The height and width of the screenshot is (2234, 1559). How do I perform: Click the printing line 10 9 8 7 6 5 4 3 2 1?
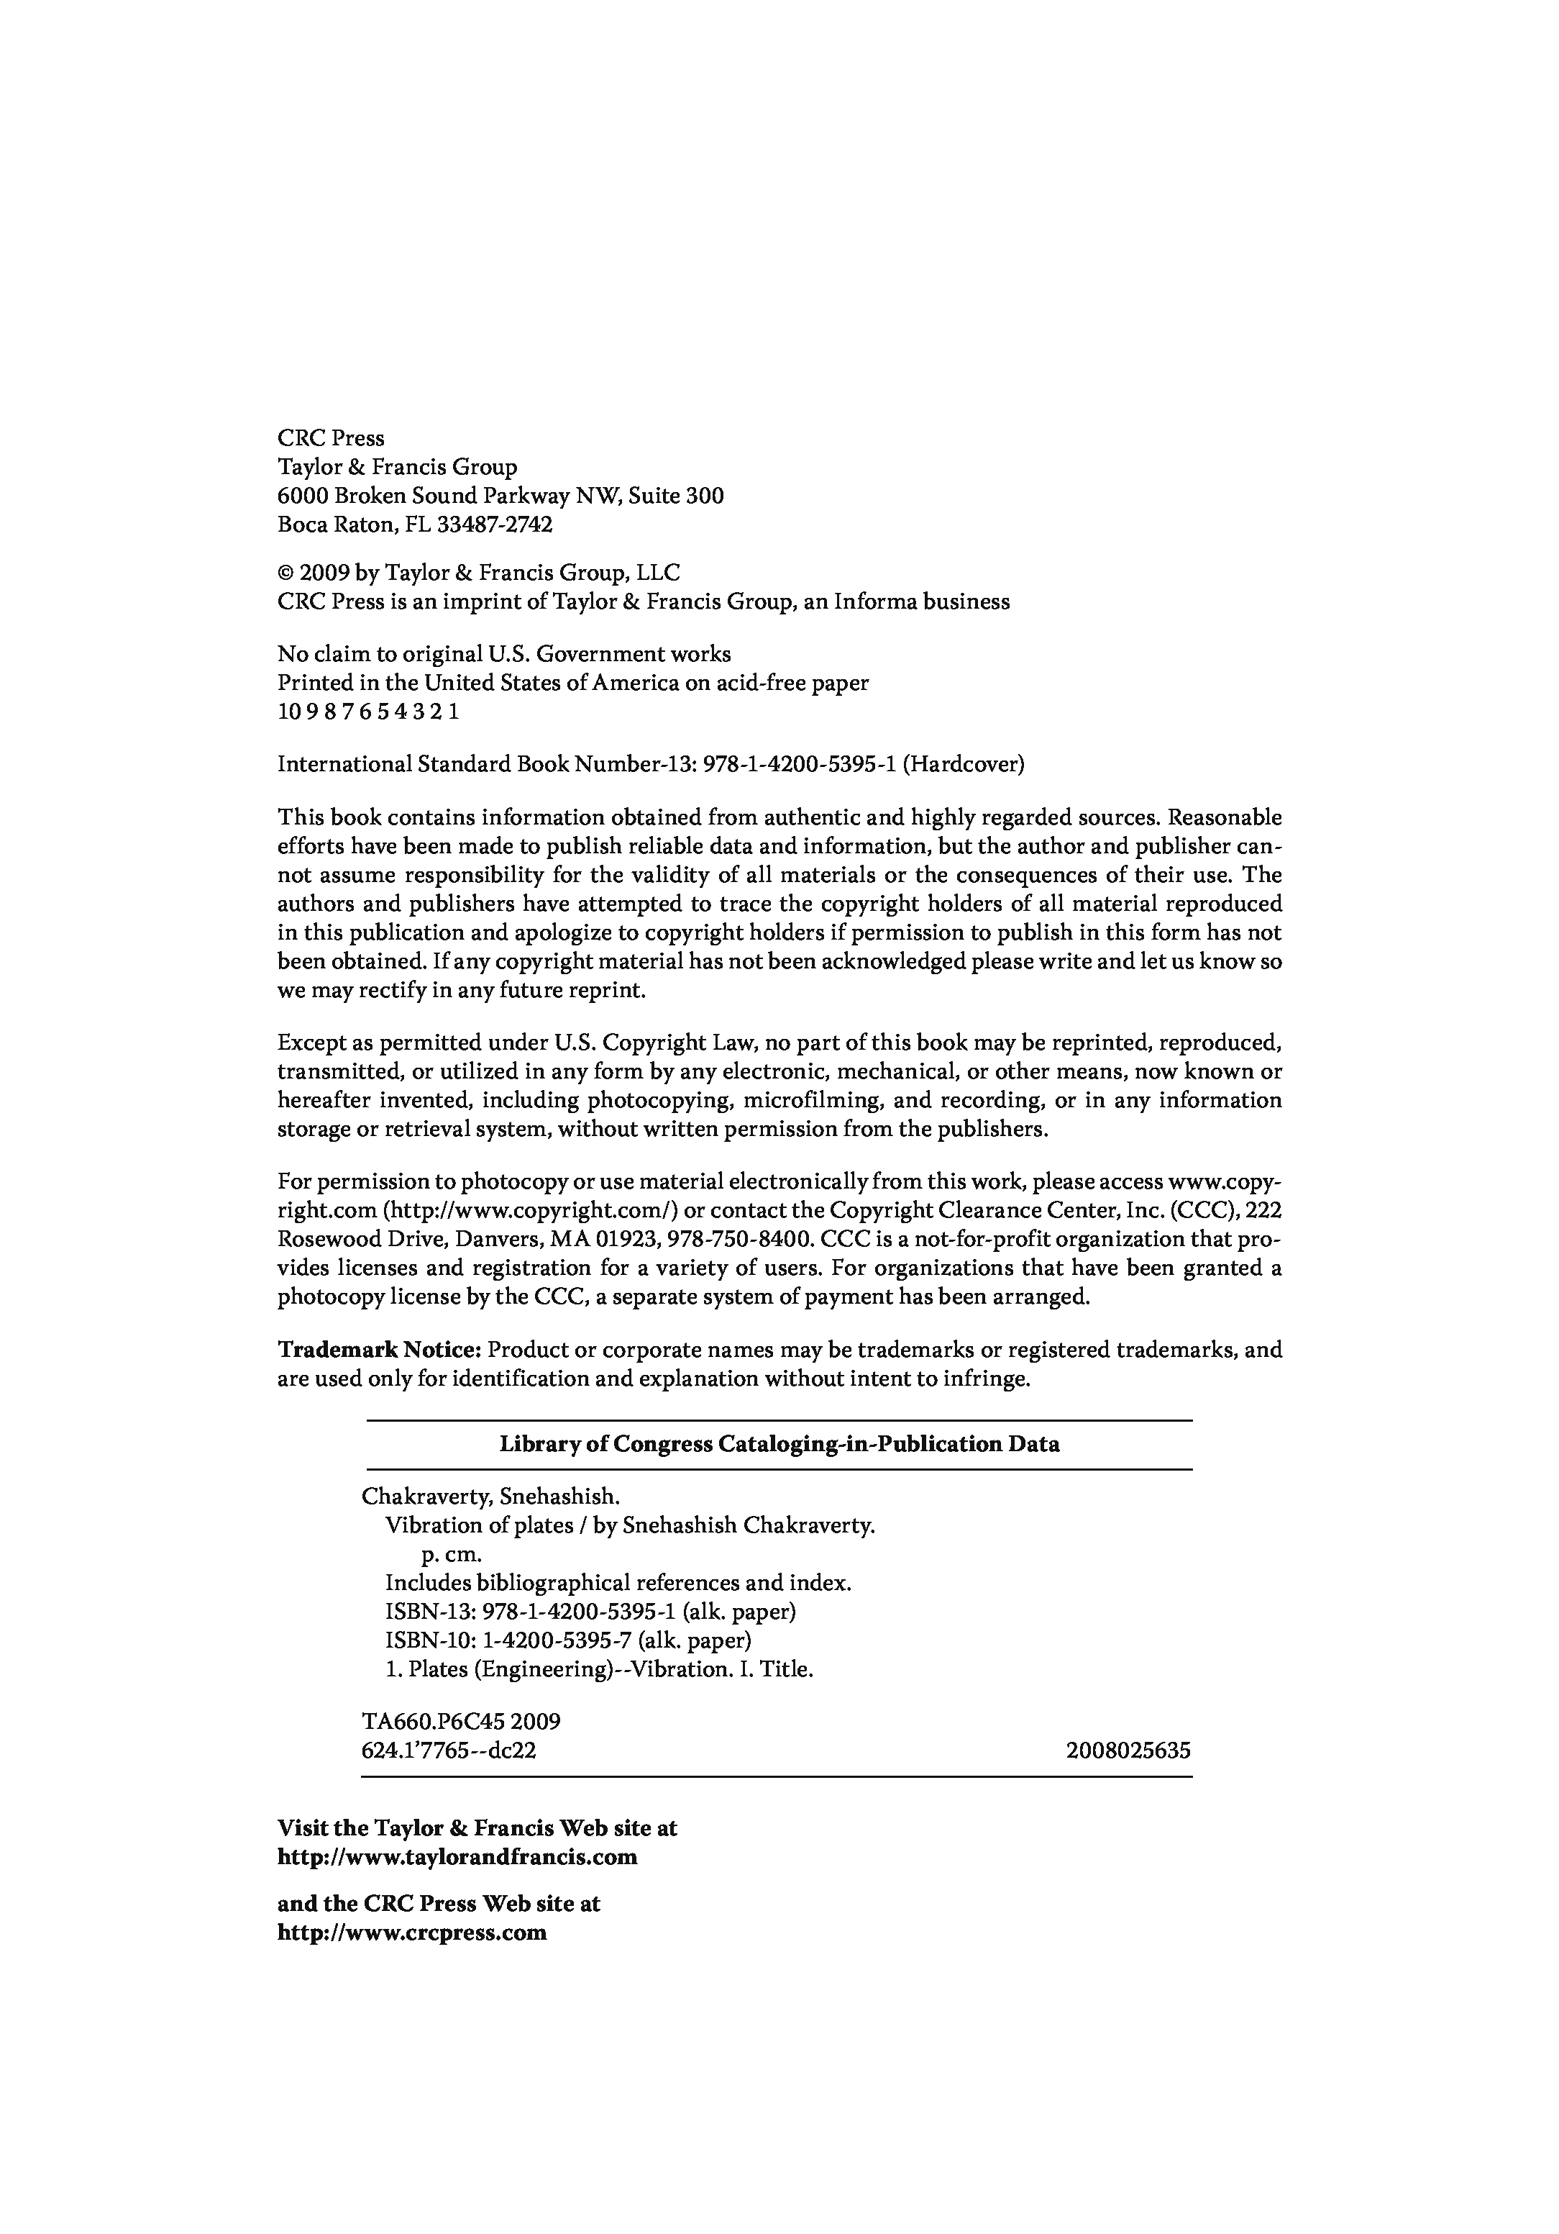coord(367,712)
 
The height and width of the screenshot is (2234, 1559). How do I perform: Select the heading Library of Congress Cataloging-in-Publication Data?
coord(779,1444)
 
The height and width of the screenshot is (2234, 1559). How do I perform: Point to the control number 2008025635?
coord(1128,1751)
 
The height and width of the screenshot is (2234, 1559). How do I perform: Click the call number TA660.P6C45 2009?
coord(461,1722)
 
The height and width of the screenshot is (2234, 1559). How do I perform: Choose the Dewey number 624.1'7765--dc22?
coord(448,1751)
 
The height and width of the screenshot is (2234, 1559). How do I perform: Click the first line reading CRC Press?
coord(331,439)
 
